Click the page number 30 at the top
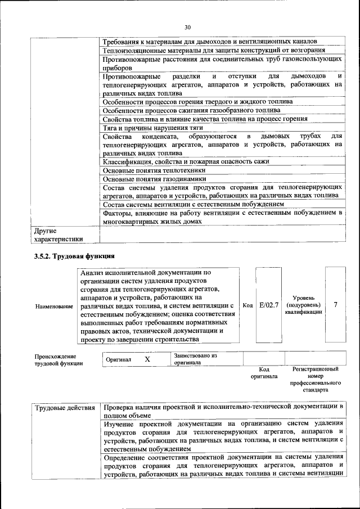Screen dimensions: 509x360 [187, 26]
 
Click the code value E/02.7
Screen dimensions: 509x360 [269, 305]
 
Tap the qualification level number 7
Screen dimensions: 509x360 [335, 305]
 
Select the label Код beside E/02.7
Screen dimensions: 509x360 [247, 305]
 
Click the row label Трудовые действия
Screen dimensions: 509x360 [65, 407]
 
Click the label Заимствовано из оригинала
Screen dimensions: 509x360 [195, 359]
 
